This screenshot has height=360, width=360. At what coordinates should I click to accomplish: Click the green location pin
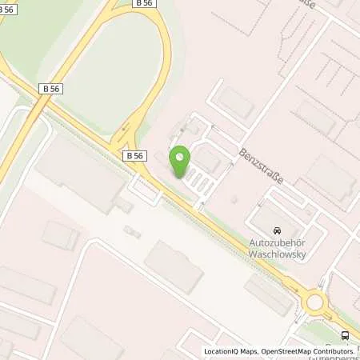[180, 161]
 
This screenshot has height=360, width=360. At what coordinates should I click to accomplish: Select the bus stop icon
[345, 335]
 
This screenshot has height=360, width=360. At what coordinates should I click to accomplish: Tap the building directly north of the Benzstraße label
[237, 102]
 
